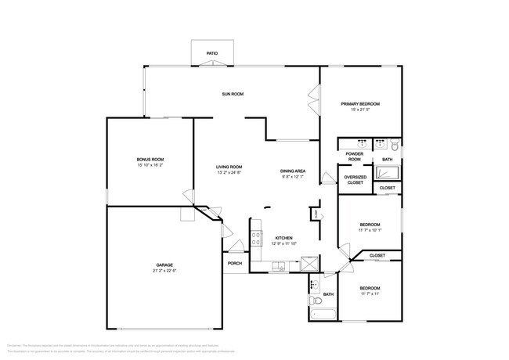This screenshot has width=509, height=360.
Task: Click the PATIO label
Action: (x=211, y=54)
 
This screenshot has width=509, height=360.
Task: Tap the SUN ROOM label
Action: (x=233, y=94)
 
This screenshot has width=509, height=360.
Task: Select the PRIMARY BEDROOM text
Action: (x=359, y=104)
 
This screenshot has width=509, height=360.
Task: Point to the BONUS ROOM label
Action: (x=150, y=160)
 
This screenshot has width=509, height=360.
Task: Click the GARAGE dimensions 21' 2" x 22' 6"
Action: (x=164, y=271)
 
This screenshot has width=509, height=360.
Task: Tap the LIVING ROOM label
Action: (x=229, y=167)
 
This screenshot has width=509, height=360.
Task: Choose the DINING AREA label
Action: (x=293, y=171)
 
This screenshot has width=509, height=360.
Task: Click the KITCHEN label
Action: (x=283, y=237)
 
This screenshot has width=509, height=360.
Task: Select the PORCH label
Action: (x=234, y=264)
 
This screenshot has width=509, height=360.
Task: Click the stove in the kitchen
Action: (x=255, y=236)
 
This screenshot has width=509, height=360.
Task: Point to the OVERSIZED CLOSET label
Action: (x=355, y=180)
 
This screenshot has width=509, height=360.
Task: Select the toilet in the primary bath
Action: (x=395, y=146)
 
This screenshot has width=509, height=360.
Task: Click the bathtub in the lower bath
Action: (x=323, y=315)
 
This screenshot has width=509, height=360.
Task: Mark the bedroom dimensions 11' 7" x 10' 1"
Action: (x=370, y=230)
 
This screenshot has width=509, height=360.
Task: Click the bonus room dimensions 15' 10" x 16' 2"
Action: (x=150, y=165)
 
